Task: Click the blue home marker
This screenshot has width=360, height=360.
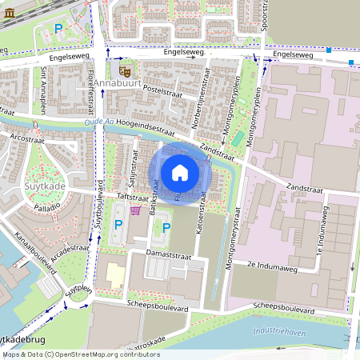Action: [180, 172]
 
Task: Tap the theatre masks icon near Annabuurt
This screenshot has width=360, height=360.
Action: [125, 70]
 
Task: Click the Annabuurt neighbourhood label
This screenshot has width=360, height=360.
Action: [117, 82]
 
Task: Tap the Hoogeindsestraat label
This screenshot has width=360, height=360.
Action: [146, 123]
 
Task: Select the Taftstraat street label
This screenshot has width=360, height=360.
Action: [134, 195]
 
